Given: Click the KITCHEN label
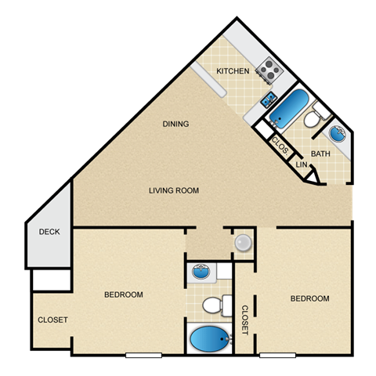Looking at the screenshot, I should pyautogui.click(x=233, y=71).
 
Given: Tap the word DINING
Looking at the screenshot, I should pyautogui.click(x=176, y=124).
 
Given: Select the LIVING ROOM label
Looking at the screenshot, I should pyautogui.click(x=175, y=190).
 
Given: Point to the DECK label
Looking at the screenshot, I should pyautogui.click(x=49, y=233).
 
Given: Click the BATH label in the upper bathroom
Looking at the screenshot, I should pyautogui.click(x=320, y=154).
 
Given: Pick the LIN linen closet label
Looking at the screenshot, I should pyautogui.click(x=302, y=165).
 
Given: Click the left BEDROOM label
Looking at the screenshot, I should pyautogui.click(x=124, y=295).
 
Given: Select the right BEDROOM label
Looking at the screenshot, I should pyautogui.click(x=309, y=298).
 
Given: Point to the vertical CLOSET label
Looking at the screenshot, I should pyautogui.click(x=244, y=319).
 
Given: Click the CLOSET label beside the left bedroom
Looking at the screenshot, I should pyautogui.click(x=52, y=320).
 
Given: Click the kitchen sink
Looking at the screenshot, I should pyautogui.click(x=269, y=99).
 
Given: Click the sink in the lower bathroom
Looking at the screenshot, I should pyautogui.click(x=201, y=273).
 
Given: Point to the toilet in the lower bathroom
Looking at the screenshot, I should pyautogui.click(x=214, y=304).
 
